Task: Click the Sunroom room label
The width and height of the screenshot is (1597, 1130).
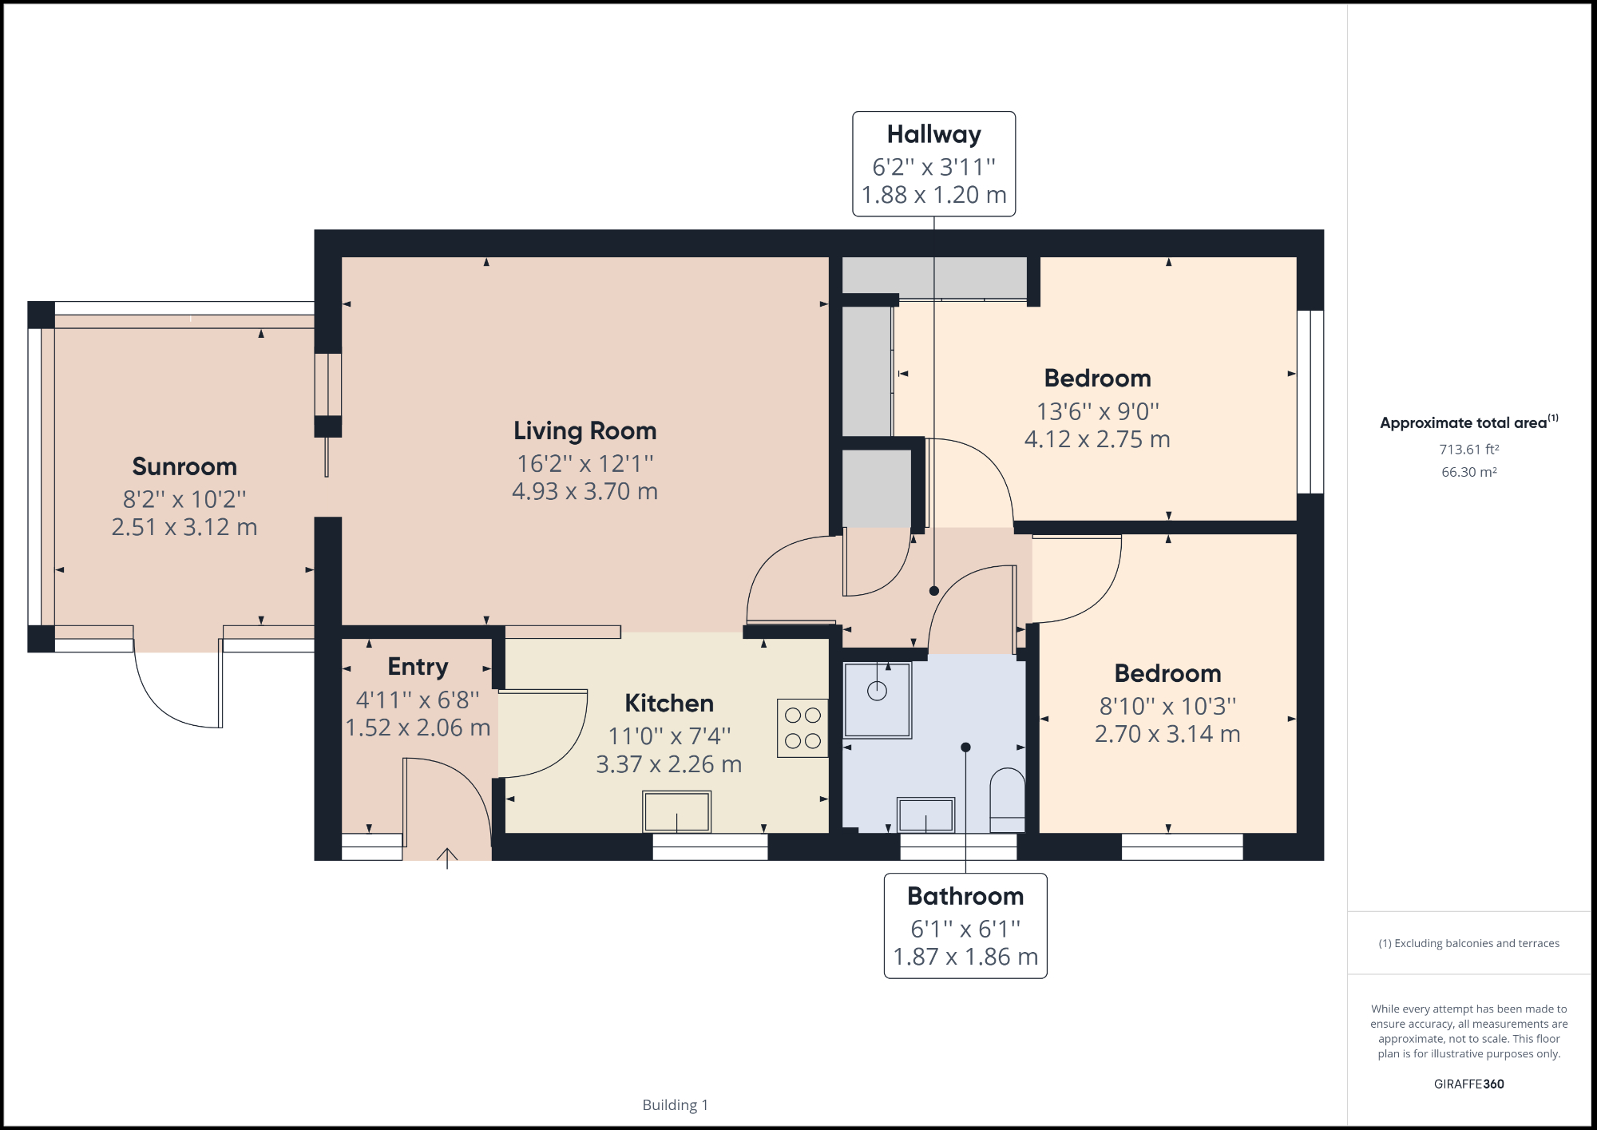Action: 184,466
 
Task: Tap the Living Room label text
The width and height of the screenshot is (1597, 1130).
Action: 585,431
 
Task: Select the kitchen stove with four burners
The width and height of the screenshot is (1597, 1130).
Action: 802,728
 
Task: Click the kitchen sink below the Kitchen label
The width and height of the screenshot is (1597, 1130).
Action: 676,811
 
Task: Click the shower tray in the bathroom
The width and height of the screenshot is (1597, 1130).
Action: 878,700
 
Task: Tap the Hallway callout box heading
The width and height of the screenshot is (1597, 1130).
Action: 933,134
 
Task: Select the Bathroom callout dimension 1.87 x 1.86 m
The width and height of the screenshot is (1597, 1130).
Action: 965,957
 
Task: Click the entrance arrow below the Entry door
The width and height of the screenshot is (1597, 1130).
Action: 447,858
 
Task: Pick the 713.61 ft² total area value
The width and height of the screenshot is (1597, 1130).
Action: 1468,450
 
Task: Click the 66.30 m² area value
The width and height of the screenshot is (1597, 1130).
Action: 1468,472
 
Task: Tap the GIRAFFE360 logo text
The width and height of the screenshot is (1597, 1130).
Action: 1468,1084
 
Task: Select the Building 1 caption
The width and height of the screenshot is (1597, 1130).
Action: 675,1104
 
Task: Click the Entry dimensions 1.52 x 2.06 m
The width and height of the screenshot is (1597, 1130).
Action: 418,728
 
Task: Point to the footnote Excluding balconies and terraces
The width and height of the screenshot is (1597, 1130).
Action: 1468,943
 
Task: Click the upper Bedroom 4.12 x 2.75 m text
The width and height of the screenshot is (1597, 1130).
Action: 1097,439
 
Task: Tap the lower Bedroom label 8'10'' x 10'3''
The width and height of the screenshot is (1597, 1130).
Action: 1167,706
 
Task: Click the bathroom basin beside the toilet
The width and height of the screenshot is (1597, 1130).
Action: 925,815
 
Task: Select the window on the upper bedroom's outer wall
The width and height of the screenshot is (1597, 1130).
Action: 1310,402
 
